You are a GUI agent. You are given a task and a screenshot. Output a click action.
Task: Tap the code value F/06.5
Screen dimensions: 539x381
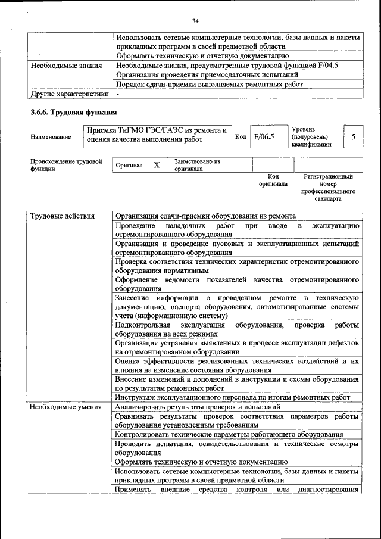click(x=263, y=137)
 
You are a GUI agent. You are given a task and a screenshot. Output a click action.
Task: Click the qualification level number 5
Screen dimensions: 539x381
click(x=353, y=137)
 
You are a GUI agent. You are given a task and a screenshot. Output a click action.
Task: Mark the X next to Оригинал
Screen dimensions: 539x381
click(x=157, y=165)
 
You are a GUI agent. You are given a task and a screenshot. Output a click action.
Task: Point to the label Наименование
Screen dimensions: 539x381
click(x=51, y=137)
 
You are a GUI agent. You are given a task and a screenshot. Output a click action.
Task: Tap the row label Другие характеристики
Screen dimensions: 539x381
click(x=70, y=94)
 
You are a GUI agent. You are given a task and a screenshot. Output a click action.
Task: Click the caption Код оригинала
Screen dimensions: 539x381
click(x=273, y=180)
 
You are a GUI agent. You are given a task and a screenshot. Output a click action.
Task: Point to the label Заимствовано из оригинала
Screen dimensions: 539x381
click(x=197, y=165)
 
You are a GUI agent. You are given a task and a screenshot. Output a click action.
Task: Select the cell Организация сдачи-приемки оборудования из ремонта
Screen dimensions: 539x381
click(x=214, y=216)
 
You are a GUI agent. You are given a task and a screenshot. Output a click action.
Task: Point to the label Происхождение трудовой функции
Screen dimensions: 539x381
click(x=65, y=165)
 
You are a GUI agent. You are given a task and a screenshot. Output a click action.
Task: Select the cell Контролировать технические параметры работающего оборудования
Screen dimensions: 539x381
click(x=229, y=435)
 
